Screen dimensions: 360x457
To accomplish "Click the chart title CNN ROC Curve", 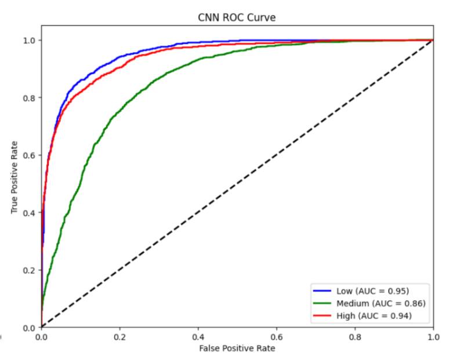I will click(237, 17).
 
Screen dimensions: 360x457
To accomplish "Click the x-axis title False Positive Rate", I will click(237, 348).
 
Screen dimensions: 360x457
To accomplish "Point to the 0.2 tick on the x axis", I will click(119, 336).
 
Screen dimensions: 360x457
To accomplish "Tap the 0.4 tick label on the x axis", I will click(198, 336).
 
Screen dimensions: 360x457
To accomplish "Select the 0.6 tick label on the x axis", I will click(277, 336).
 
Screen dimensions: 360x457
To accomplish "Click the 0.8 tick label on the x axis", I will click(355, 336).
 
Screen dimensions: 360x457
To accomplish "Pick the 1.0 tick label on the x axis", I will click(433, 336).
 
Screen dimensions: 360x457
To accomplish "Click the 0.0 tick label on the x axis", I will click(41, 336).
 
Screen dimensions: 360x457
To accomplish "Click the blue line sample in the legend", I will click(321, 290).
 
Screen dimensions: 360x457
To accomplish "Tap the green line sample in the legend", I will click(321, 303).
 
